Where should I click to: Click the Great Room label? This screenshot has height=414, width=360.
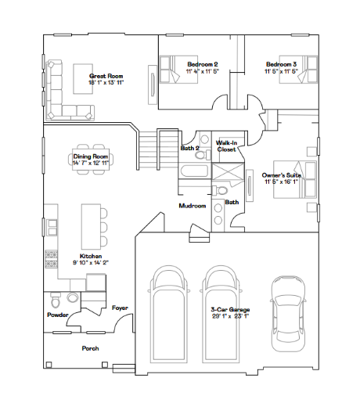coord(106,76)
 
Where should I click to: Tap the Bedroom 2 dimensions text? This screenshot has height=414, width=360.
coord(203,71)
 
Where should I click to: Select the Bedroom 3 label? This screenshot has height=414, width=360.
coord(281,64)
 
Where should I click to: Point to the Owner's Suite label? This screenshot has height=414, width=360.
coord(281,175)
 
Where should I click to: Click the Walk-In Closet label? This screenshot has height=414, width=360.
coord(226,146)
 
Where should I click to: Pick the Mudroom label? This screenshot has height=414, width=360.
coord(193,206)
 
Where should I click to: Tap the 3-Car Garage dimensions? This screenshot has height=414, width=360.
coord(230,316)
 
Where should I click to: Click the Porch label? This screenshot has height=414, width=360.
coord(90,348)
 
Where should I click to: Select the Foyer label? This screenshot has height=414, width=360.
coord(120,308)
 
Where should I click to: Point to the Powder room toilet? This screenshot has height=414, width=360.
coord(56,301)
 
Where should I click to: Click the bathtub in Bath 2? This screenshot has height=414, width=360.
coord(195,171)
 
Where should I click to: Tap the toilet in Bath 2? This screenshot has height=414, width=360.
coord(203,154)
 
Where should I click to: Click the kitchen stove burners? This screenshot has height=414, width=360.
coord(51,259)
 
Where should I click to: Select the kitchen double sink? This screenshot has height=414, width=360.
coord(52,227)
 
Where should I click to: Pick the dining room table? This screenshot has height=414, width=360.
coord(91,160)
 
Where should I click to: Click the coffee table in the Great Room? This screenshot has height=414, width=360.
coord(83,79)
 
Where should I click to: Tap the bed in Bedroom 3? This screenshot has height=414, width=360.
coord(298,70)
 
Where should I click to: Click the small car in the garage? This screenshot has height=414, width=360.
coord(288,314)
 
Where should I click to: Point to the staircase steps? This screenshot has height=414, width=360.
coord(158,149)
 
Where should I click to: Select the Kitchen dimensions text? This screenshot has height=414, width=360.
coord(91,263)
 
